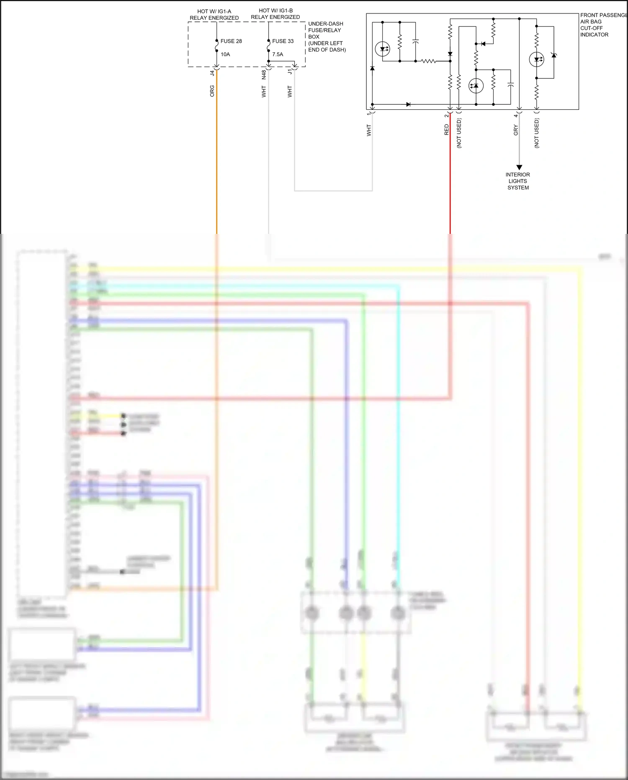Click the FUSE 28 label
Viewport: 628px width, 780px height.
click(x=231, y=41)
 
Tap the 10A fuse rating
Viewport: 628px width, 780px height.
click(x=225, y=54)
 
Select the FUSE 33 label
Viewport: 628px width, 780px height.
click(x=283, y=41)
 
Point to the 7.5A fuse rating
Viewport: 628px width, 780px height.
click(x=278, y=54)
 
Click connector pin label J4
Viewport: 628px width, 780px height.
click(x=212, y=73)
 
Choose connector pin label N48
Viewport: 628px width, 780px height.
click(x=264, y=74)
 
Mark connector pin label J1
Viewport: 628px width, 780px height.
click(x=290, y=72)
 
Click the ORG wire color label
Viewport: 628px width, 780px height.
click(x=212, y=91)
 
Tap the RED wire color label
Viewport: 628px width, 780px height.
click(x=446, y=130)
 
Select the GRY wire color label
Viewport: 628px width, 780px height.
click(x=516, y=130)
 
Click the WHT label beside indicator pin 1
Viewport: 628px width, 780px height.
click(x=369, y=130)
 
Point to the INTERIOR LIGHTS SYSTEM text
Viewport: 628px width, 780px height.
click(x=518, y=181)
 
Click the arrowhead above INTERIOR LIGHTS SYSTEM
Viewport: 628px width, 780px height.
click(x=519, y=167)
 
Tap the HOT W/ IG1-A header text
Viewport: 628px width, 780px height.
click(x=214, y=15)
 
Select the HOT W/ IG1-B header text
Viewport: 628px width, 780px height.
click(x=275, y=14)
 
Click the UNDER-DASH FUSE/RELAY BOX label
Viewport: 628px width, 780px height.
click(x=327, y=36)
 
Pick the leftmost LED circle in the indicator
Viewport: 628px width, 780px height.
click(x=382, y=49)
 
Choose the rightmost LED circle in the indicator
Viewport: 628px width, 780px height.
click(x=536, y=60)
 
